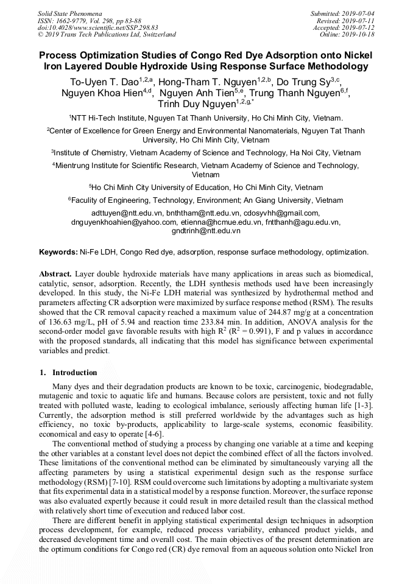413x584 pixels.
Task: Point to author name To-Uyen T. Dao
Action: tap(103, 81)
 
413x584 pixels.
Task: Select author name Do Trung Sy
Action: tap(303, 81)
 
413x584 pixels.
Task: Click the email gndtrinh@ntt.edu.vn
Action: tap(206, 231)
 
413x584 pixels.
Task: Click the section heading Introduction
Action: tap(74, 372)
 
